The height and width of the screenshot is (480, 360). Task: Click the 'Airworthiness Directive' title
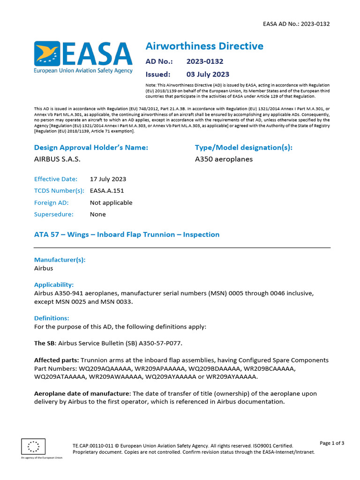pyautogui.click(x=204, y=46)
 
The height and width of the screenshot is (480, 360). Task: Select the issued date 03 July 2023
pyautogui.click(x=208, y=74)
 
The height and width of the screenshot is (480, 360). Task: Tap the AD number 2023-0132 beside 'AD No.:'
pyautogui.click(x=204, y=61)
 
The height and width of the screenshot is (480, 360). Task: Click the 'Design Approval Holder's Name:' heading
pyautogui.click(x=91, y=148)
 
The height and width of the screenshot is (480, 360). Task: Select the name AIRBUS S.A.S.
pyautogui.click(x=57, y=159)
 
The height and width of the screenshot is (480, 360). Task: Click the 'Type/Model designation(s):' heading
pyautogui.click(x=243, y=148)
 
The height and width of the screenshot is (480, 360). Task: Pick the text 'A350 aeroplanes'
pyautogui.click(x=224, y=159)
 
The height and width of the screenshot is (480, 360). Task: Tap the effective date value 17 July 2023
pyautogui.click(x=108, y=179)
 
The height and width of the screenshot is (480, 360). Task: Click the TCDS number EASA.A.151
pyautogui.click(x=107, y=191)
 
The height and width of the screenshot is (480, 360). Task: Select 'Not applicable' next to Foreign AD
pyautogui.click(x=111, y=202)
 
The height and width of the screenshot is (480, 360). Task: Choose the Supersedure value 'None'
pyautogui.click(x=98, y=214)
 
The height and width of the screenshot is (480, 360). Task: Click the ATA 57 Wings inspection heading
pyautogui.click(x=127, y=234)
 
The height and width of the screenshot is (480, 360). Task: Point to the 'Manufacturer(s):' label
pyautogui.click(x=60, y=260)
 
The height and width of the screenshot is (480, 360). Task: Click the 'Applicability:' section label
pyautogui.click(x=54, y=285)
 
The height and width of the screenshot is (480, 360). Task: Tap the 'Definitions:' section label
pyautogui.click(x=52, y=318)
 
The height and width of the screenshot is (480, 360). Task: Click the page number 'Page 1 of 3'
pyautogui.click(x=332, y=443)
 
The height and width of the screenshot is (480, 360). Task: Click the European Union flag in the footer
pyautogui.click(x=33, y=447)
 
